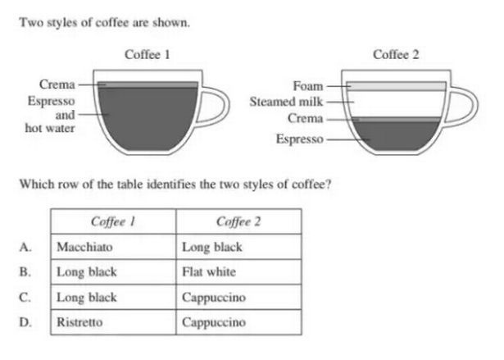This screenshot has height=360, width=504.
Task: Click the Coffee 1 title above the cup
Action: click(148, 55)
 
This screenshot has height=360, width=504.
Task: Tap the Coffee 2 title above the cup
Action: click(396, 55)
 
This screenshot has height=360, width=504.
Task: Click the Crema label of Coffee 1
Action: click(57, 84)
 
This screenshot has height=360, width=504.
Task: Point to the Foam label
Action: click(307, 86)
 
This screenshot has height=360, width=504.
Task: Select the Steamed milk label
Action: click(286, 102)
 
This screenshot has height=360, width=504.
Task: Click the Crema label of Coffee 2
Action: click(305, 118)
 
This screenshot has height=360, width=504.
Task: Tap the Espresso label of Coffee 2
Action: click(300, 139)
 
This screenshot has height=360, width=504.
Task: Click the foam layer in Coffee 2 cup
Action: click(396, 86)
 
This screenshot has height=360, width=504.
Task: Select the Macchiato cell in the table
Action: click(113, 247)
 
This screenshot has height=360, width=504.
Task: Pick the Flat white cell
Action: click(238, 272)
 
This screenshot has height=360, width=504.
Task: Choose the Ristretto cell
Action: click(113, 322)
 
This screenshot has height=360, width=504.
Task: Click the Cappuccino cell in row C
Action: click(238, 297)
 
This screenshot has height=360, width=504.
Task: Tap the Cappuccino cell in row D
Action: click(238, 322)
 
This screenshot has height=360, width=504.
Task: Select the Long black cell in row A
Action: click(238, 247)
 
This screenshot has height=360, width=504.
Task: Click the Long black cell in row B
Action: click(113, 272)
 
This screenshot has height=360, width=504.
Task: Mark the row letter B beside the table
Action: click(25, 272)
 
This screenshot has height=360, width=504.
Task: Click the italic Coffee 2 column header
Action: click(238, 221)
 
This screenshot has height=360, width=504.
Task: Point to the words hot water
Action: click(50, 129)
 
